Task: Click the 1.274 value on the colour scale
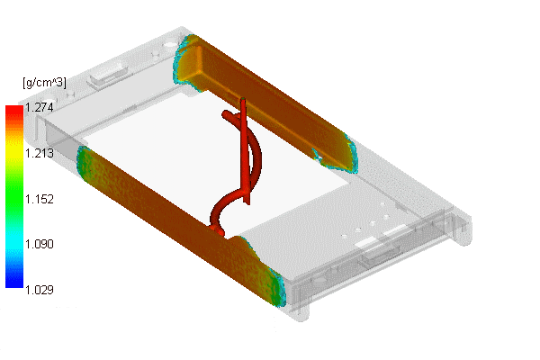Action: tap(40, 108)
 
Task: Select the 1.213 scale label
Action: tap(40, 153)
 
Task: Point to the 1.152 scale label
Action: tap(40, 199)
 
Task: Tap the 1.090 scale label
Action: tap(40, 244)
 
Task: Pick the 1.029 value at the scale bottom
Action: tap(40, 290)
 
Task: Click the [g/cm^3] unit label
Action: tap(44, 83)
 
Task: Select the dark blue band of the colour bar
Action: tap(14, 279)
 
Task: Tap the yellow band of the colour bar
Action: tap(14, 151)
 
